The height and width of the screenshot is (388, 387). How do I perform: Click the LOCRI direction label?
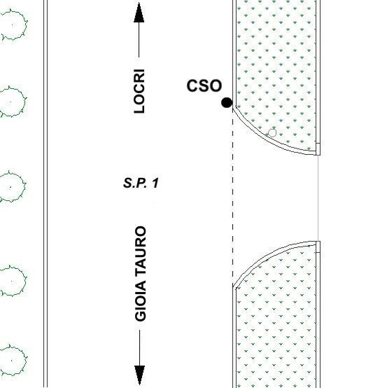point(139,91)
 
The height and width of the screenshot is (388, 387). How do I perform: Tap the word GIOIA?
point(141,301)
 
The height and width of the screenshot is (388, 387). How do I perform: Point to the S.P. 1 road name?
point(141,183)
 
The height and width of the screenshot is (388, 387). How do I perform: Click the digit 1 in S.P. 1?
point(155,183)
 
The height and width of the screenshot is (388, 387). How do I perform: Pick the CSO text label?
point(204,85)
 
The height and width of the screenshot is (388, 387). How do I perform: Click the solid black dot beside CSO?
point(227,102)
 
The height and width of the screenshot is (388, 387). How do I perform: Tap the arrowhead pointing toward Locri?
point(139,13)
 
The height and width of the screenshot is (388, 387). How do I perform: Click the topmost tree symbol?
point(13,25)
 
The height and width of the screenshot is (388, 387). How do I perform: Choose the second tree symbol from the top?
point(11,102)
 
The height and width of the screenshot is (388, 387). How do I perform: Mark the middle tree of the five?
point(11,186)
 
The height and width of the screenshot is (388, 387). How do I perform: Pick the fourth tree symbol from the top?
point(12,281)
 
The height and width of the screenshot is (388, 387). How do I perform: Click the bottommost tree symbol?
point(12,360)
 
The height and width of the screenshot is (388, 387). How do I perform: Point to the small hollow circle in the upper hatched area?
point(272,133)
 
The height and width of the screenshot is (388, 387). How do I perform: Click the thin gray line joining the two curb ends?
point(318,198)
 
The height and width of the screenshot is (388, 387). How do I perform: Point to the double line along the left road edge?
point(45,194)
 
